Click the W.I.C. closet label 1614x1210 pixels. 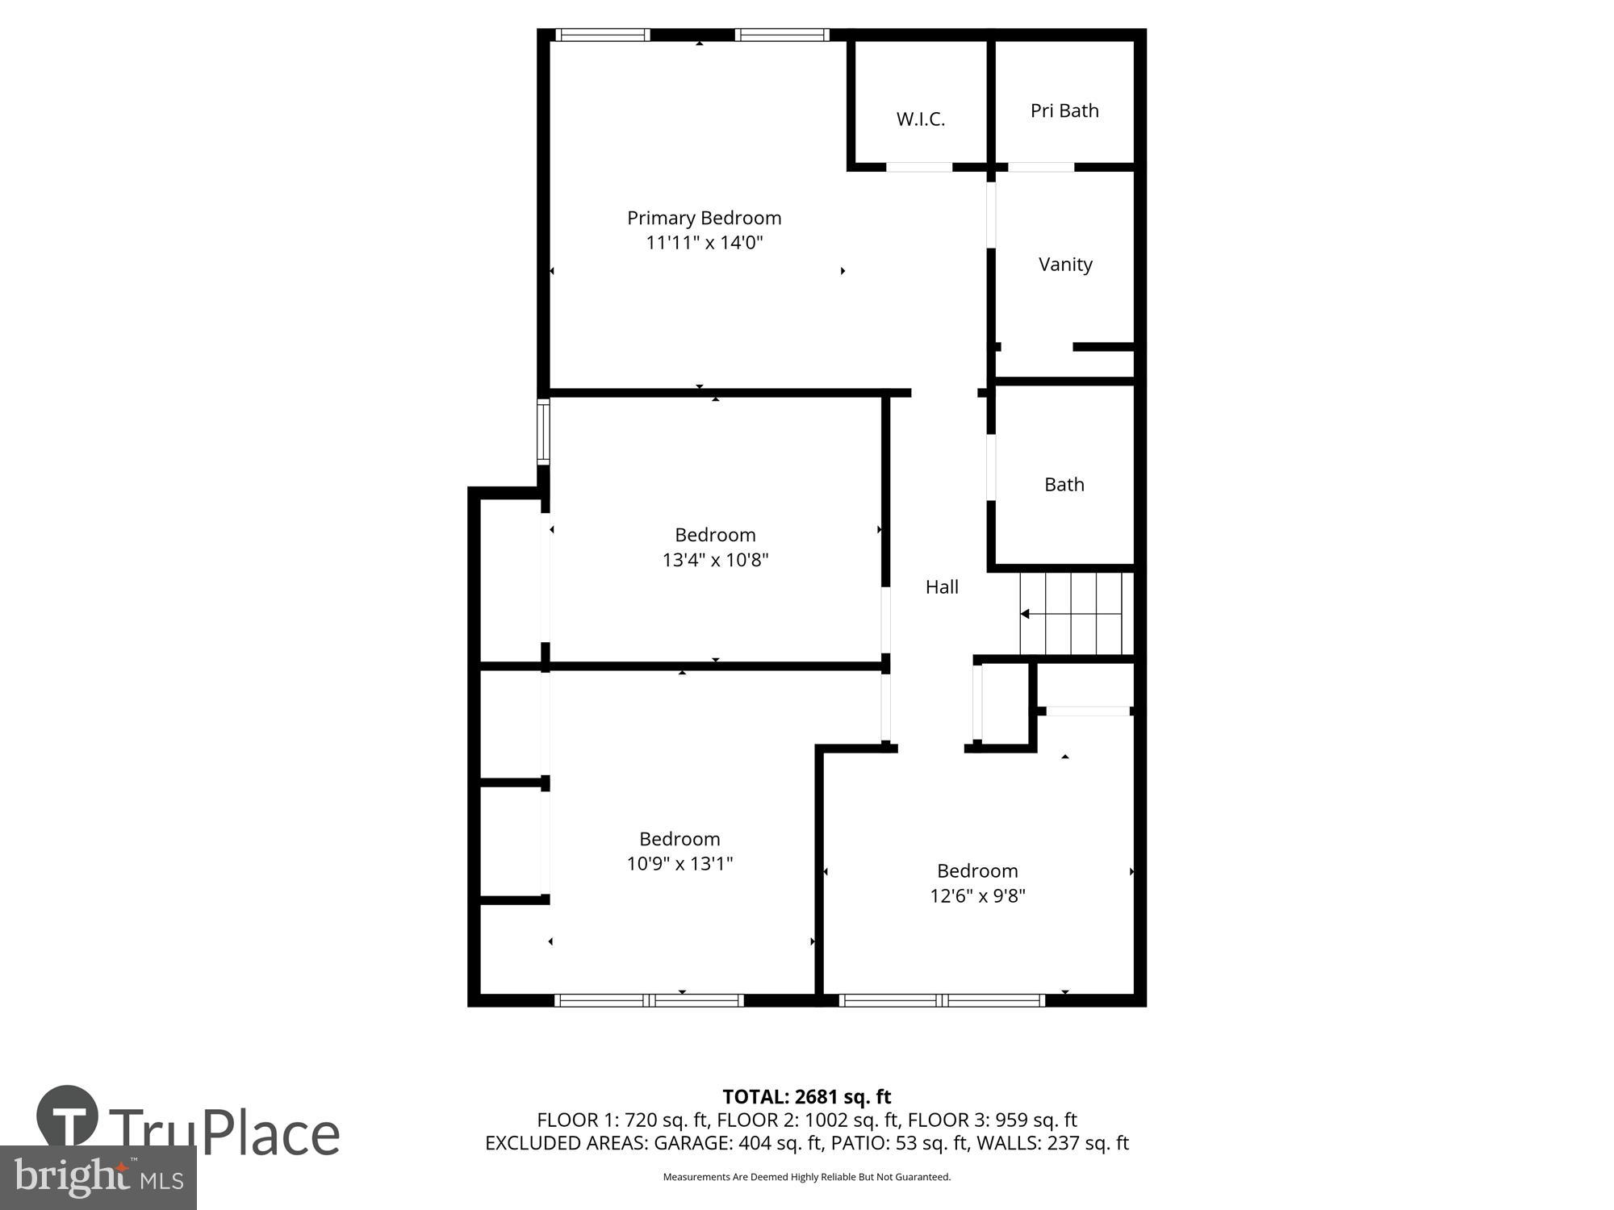tap(920, 119)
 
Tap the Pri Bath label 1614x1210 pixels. tap(1064, 111)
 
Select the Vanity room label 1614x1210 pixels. tap(1065, 265)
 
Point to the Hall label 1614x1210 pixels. tap(942, 587)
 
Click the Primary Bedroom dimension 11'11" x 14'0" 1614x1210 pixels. tap(704, 243)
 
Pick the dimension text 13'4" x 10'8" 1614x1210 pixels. tap(715, 560)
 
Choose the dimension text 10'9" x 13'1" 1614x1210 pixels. tap(679, 864)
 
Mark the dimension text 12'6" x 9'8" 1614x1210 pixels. tap(977, 896)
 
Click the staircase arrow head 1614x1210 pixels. tap(1025, 614)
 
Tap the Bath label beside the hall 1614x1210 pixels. tap(1064, 485)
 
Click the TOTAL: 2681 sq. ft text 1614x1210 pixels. tap(806, 1097)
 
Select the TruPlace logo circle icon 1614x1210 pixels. tap(68, 1117)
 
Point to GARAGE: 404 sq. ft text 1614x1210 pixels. tap(738, 1143)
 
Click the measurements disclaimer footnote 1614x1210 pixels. tap(806, 1177)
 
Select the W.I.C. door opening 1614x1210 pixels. tap(919, 167)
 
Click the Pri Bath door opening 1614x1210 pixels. tap(1041, 167)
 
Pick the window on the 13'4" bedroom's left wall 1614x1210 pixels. tap(544, 432)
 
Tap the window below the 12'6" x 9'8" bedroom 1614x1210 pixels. tap(942, 1000)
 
